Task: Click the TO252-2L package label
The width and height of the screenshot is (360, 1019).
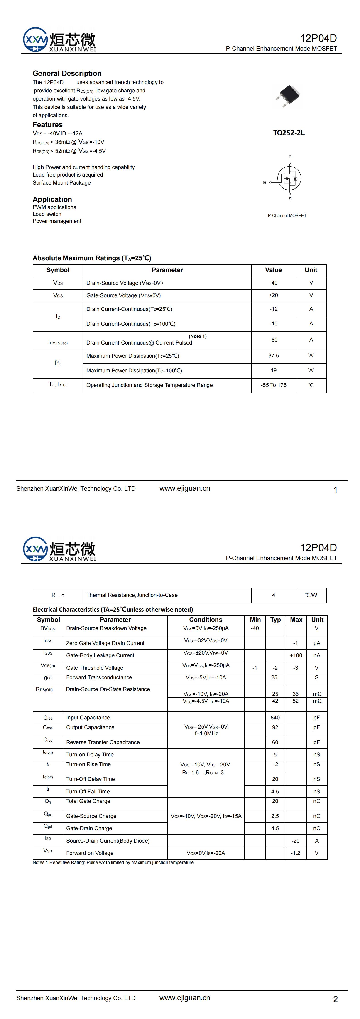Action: point(289,133)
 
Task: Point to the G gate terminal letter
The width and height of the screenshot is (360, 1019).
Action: point(264,182)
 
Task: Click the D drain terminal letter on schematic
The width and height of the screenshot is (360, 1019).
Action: point(290,157)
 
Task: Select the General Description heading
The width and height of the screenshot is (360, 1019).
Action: point(67,73)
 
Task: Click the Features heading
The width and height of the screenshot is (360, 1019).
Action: point(47,125)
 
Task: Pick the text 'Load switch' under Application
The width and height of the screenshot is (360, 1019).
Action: point(47,214)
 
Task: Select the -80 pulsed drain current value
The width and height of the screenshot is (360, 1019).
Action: point(273,340)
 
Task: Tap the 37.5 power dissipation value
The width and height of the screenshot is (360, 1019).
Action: point(273,356)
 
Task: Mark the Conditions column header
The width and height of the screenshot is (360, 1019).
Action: point(206,620)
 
